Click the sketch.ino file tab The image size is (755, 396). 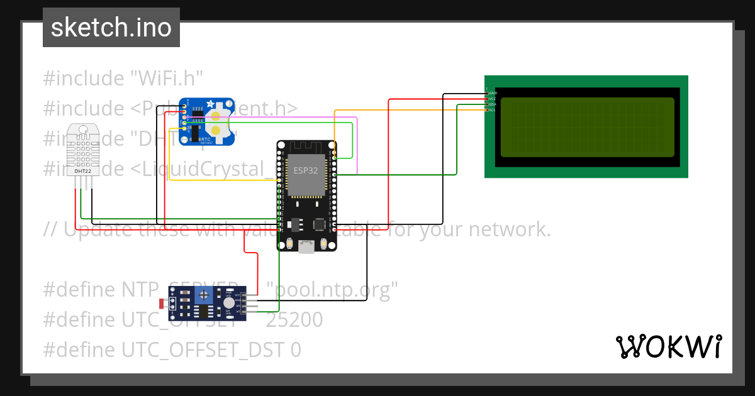111,28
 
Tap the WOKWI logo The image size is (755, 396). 668,346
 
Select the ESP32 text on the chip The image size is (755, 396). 305,170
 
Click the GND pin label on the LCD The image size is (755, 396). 493,93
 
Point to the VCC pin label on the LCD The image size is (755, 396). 493,99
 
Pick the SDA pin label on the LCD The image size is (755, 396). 493,104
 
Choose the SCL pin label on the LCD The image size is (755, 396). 493,110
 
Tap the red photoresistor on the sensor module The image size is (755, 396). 163,304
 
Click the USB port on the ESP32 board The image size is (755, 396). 307,247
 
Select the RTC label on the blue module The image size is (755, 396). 205,139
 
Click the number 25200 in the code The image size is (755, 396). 294,320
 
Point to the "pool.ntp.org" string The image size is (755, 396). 332,290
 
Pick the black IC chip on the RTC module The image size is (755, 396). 195,132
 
